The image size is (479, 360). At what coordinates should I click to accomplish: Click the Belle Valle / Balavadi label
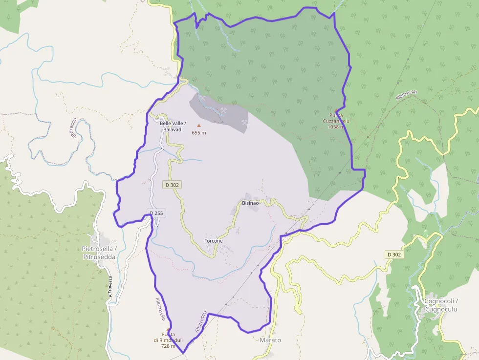pos(172,126)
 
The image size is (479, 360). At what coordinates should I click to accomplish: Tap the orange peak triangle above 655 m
pos(198,125)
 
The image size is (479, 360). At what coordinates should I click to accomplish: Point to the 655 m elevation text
pos(198,133)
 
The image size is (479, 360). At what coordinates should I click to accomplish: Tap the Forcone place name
pos(213,241)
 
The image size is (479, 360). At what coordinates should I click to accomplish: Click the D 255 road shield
pos(155,213)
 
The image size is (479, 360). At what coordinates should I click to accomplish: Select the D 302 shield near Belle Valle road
pos(172,185)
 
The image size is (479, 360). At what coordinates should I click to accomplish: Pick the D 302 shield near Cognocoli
pos(394,254)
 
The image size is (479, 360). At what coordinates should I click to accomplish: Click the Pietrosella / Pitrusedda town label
pos(99,252)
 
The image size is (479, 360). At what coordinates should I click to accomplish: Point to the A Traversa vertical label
pos(111,287)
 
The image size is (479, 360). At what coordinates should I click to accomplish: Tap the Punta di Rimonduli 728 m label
pos(168,340)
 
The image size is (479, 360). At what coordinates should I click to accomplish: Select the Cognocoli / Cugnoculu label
pos(440,305)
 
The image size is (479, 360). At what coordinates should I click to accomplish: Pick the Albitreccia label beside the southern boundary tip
pos(201,322)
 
